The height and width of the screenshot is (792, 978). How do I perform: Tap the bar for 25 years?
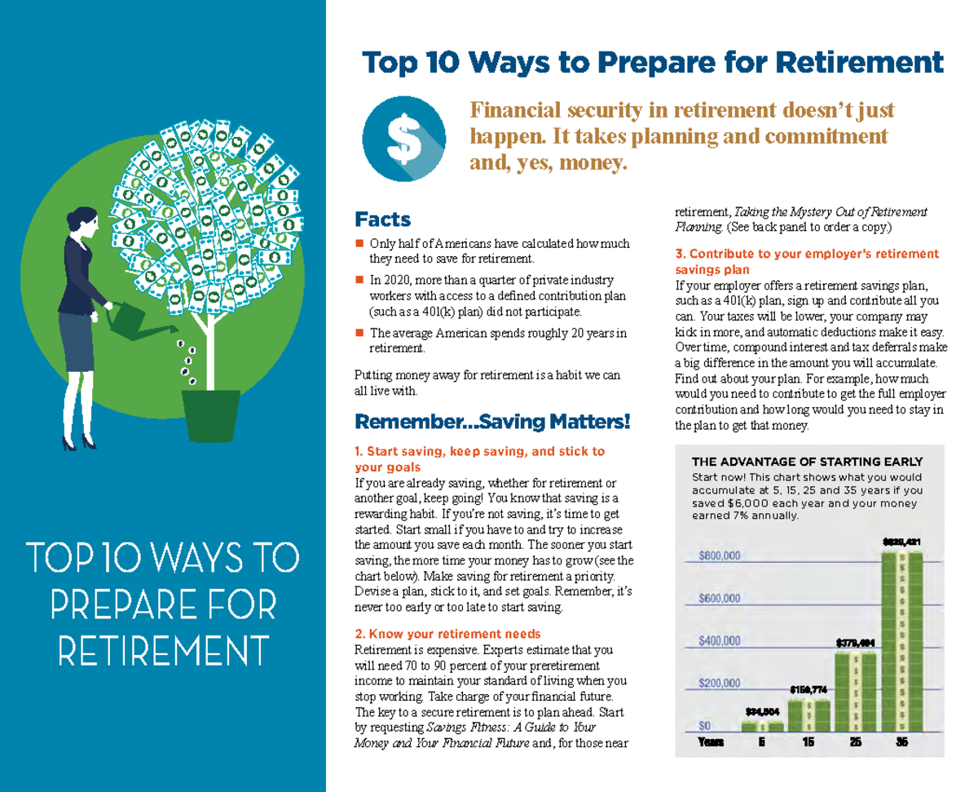click(855, 690)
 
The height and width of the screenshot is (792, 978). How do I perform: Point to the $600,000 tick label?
click(719, 598)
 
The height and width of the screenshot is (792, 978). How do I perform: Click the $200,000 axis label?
click(719, 683)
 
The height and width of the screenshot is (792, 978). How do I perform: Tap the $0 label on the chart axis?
click(705, 725)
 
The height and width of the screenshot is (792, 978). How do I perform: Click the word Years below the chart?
click(710, 742)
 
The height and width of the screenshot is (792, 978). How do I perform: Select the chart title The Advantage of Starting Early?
click(807, 462)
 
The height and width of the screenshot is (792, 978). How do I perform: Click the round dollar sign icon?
click(403, 139)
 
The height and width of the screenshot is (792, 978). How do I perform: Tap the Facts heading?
click(382, 219)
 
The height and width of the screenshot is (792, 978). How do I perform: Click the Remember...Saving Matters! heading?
click(492, 423)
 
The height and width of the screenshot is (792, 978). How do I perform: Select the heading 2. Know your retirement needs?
click(447, 634)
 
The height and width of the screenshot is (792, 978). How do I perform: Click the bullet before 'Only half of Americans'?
click(359, 244)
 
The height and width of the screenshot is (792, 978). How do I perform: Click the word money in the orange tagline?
click(592, 163)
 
